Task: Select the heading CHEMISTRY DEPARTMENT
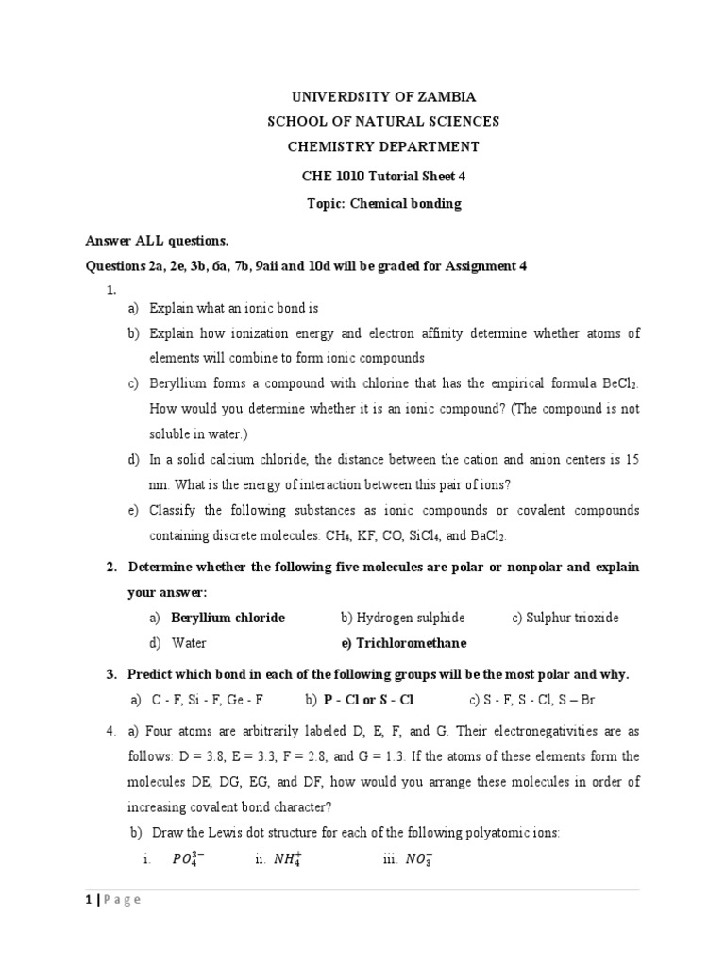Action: [x=383, y=146]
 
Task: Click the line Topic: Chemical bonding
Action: [x=383, y=204]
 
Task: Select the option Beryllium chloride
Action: [x=228, y=618]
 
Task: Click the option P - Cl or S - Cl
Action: [x=368, y=700]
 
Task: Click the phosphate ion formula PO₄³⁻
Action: [x=188, y=858]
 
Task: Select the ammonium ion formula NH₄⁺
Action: [x=285, y=858]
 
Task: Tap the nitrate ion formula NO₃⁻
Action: [x=414, y=858]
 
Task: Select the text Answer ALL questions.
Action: [x=158, y=241]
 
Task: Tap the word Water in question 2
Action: [x=189, y=643]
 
